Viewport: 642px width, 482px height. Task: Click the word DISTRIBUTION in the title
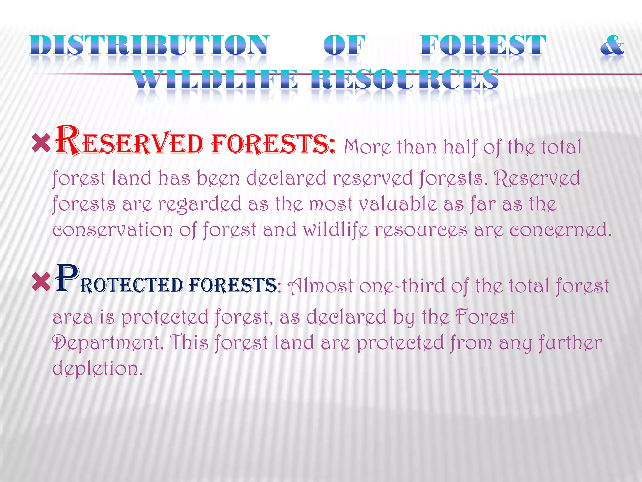[x=149, y=46]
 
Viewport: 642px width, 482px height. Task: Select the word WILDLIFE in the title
[x=215, y=79]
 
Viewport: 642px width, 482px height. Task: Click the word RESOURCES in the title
[x=404, y=79]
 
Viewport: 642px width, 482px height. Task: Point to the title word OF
[x=344, y=46]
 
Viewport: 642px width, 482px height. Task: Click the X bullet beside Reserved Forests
[x=41, y=143]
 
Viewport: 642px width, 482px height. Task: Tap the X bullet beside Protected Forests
[x=41, y=281]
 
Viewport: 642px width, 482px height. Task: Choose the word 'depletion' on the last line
[x=97, y=368]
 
